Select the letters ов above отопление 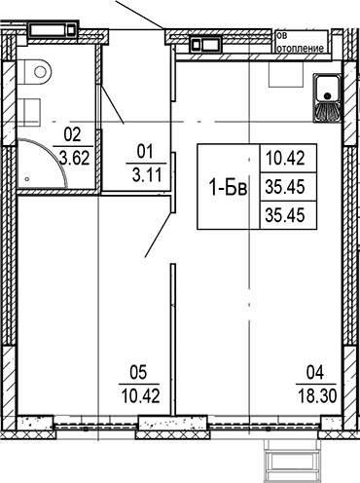[x=283, y=34]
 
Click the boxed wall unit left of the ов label [x=205, y=43]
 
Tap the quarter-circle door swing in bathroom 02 [x=44, y=164]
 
